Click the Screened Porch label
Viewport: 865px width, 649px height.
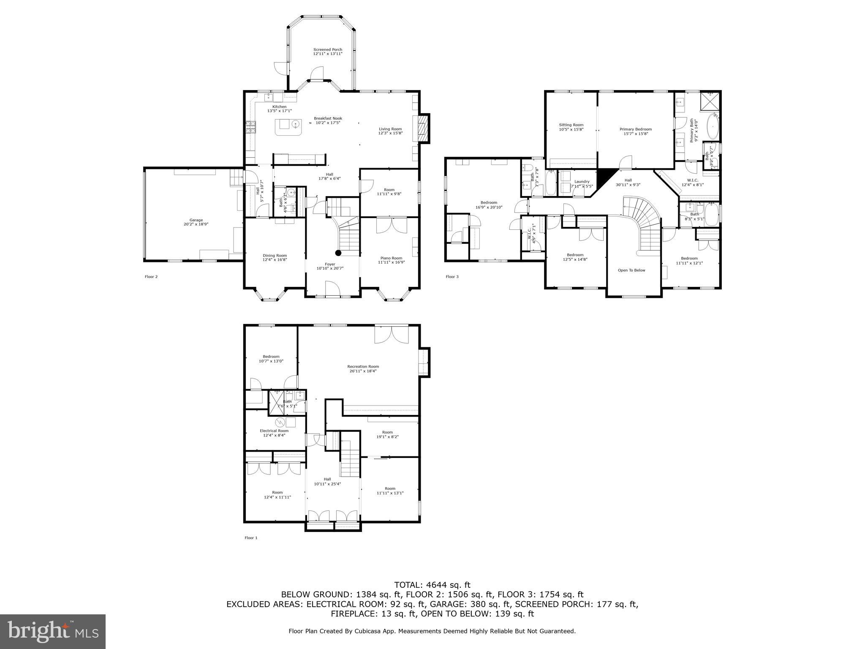(x=328, y=52)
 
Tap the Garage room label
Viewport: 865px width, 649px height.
(x=196, y=222)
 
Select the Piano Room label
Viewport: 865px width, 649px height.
(x=391, y=260)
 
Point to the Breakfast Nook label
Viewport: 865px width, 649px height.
(x=328, y=120)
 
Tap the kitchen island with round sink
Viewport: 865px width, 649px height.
(x=289, y=127)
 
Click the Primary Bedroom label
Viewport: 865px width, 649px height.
(x=635, y=131)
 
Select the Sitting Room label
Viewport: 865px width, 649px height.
(x=571, y=127)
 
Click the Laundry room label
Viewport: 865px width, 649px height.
(x=582, y=184)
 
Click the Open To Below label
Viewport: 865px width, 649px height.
(x=631, y=270)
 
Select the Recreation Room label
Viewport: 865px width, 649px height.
(x=363, y=368)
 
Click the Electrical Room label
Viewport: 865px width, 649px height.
(x=274, y=433)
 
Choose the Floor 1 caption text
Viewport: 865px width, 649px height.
(x=251, y=538)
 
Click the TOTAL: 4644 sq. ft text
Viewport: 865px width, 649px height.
(x=432, y=585)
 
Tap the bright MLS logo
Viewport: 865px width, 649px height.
(x=53, y=631)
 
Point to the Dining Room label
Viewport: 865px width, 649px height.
(x=275, y=258)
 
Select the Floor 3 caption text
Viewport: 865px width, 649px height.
(x=452, y=277)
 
